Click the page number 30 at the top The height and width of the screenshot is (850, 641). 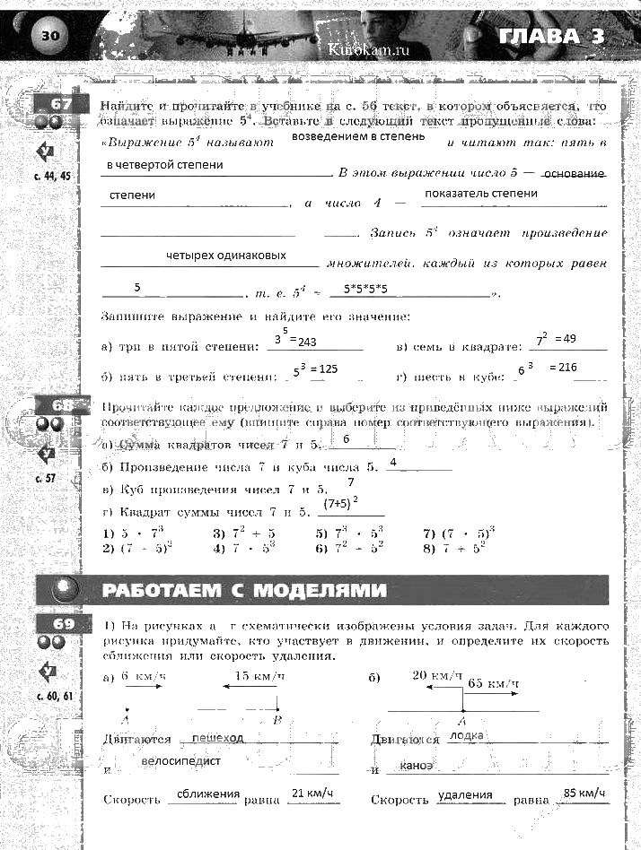pos(49,35)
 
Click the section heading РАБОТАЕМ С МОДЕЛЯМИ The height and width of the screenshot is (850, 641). pos(244,590)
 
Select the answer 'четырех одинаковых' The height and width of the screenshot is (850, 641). pos(226,255)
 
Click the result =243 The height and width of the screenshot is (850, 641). pos(308,342)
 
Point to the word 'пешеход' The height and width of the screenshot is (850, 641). pos(217,737)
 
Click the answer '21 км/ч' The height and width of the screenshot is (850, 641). pos(312,793)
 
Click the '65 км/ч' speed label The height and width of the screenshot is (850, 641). pos(493,683)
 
